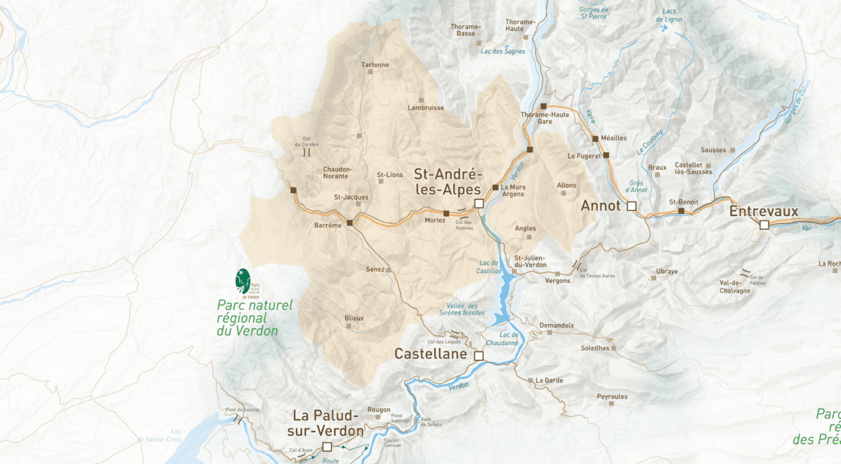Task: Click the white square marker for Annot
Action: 631,206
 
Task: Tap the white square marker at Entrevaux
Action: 764,225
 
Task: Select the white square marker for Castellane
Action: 479,356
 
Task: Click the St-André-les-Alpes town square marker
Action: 479,203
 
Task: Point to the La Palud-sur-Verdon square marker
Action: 326,447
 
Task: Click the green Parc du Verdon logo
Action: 244,281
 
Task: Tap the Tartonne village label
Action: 375,65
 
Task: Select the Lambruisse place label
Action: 426,107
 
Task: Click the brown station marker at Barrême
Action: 350,222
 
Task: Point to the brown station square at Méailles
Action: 595,139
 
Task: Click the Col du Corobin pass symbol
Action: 307,152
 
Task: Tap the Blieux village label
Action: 354,318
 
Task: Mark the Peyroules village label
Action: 612,396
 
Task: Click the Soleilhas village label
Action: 595,347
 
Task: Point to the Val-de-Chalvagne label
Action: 734,286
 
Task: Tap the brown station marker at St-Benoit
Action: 681,211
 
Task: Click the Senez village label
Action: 375,270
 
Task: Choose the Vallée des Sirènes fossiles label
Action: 462,309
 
